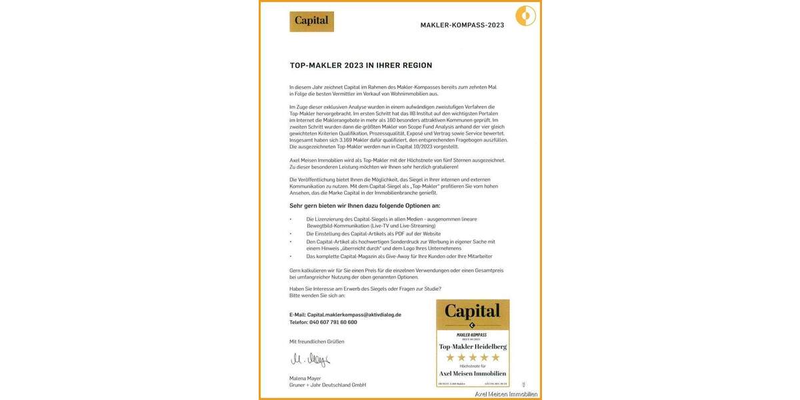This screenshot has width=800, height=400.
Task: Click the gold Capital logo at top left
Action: [x=311, y=21]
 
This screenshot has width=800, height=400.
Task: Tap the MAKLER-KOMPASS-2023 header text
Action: [x=462, y=25]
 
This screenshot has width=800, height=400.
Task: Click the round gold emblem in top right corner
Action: [x=525, y=15]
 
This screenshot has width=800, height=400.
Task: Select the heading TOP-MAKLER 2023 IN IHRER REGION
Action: [x=361, y=65]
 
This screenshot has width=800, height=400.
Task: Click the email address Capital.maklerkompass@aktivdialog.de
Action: [x=355, y=314]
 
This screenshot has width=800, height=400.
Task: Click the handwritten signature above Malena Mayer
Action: [x=310, y=360]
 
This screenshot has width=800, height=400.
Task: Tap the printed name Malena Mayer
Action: [x=305, y=378]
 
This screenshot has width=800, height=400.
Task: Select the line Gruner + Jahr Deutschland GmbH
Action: [x=327, y=385]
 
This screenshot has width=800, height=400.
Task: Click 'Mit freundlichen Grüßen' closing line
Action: [x=317, y=341]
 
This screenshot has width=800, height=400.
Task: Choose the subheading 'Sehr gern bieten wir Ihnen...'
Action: [x=365, y=206]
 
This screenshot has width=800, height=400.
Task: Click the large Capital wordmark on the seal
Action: [x=472, y=311]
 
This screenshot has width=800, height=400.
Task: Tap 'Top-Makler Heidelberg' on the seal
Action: [x=472, y=347]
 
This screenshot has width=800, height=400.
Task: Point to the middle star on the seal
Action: [x=472, y=358]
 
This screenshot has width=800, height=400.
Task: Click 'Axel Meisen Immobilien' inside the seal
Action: [x=472, y=374]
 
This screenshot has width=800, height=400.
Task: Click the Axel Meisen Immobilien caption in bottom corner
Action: [x=505, y=394]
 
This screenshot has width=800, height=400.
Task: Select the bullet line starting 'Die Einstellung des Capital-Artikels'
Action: [x=373, y=234]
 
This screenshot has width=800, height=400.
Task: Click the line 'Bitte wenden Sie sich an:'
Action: [x=317, y=295]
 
